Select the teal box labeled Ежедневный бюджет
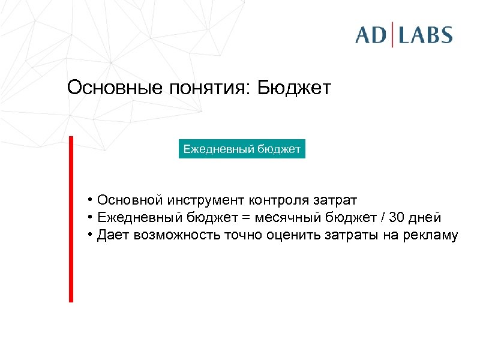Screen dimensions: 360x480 (x=242, y=148)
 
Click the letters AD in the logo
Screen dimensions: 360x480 (x=371, y=34)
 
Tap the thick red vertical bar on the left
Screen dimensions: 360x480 (x=71, y=219)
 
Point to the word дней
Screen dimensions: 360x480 (x=425, y=217)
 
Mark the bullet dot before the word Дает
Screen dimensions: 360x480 (x=88, y=235)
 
